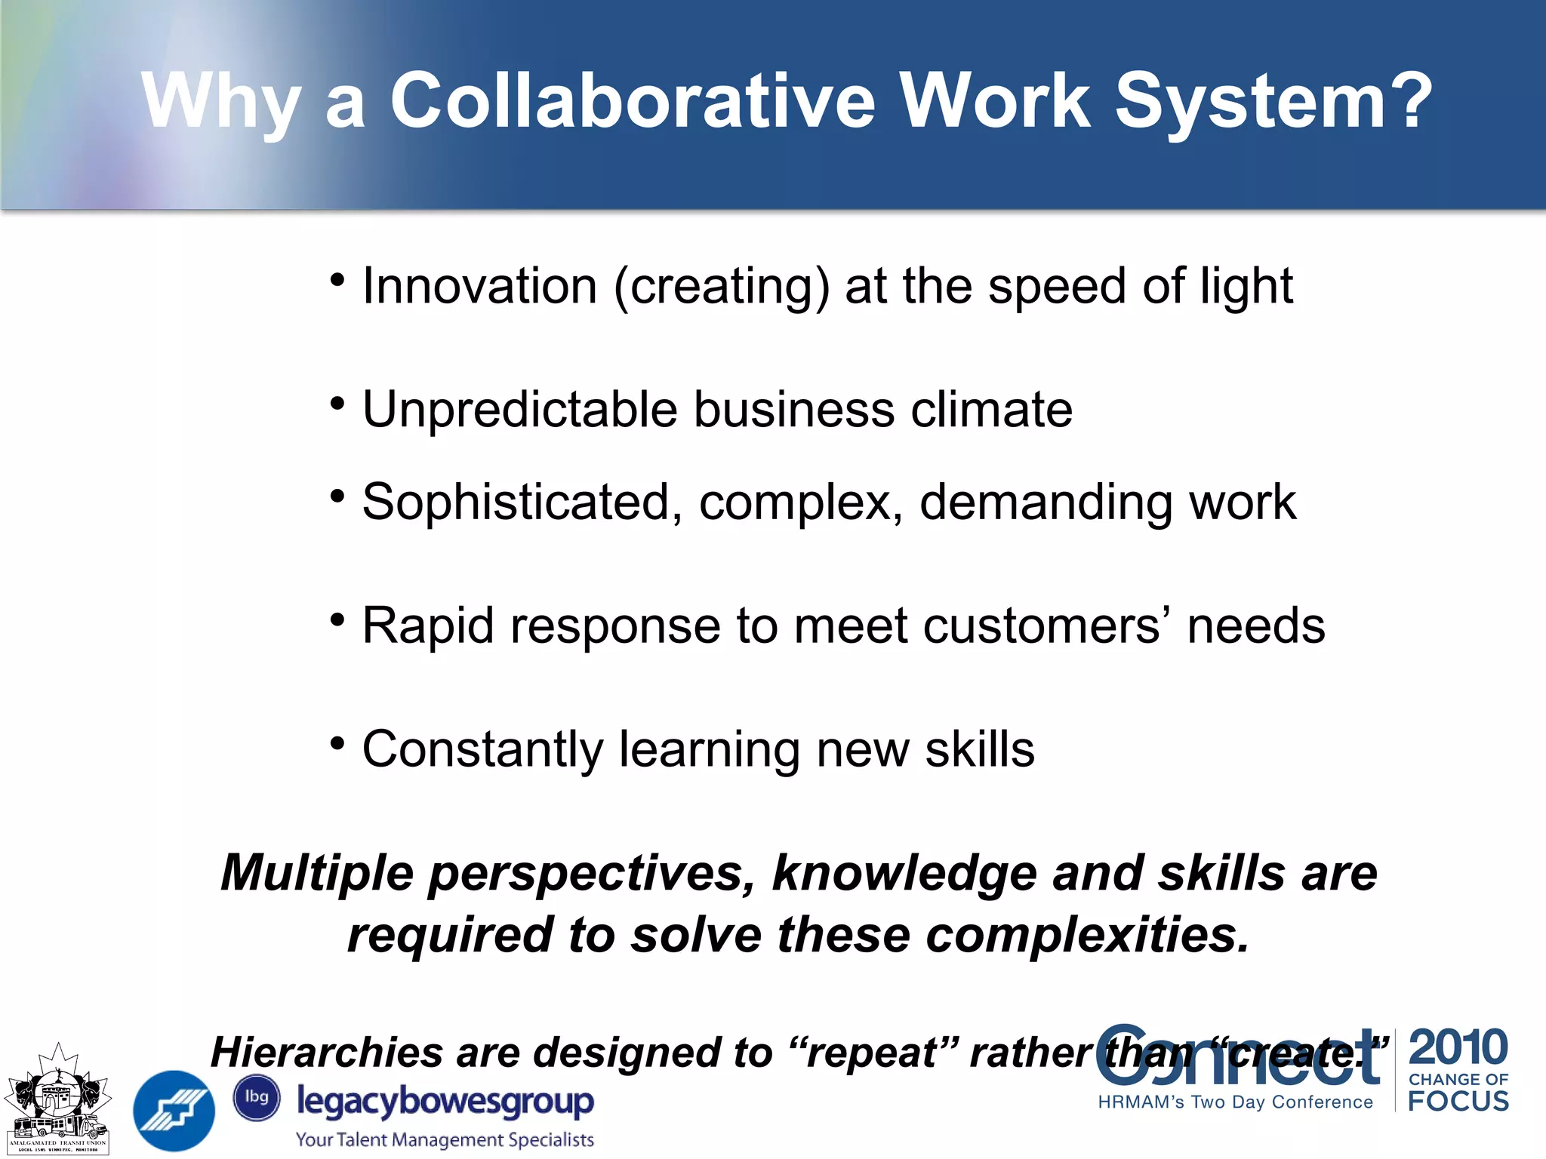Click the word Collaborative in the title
click(x=632, y=102)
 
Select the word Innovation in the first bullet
click(x=480, y=287)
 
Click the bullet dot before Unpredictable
click(x=337, y=403)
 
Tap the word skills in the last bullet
click(x=980, y=749)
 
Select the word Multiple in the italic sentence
click(x=317, y=873)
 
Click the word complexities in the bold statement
click(x=1087, y=935)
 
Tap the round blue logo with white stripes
click(x=174, y=1111)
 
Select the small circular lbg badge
click(x=257, y=1097)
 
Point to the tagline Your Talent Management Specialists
click(x=445, y=1139)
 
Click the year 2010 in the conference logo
click(x=1458, y=1047)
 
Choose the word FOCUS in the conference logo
click(x=1458, y=1101)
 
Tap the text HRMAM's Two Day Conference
click(x=1235, y=1102)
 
